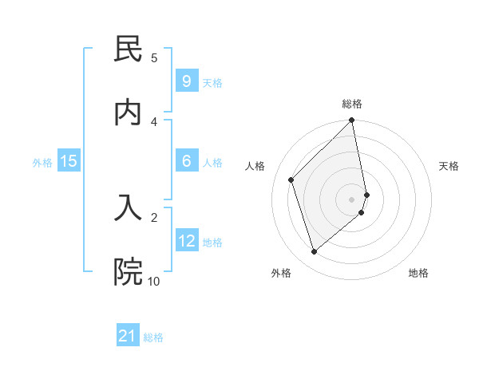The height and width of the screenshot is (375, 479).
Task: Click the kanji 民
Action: click(x=128, y=50)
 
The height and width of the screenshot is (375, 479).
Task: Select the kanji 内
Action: click(x=128, y=112)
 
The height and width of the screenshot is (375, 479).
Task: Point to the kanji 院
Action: click(x=128, y=272)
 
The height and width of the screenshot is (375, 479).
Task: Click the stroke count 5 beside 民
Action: click(x=154, y=57)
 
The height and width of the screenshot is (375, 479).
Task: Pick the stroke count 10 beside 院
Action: click(x=153, y=281)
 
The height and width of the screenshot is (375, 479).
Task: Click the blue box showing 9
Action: click(x=186, y=81)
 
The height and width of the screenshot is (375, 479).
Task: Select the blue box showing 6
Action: click(x=186, y=161)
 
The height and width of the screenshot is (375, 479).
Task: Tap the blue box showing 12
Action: click(x=186, y=241)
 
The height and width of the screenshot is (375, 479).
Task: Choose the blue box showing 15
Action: click(x=69, y=161)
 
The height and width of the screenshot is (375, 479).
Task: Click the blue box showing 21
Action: click(x=128, y=336)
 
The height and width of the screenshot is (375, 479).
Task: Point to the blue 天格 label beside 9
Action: click(x=212, y=83)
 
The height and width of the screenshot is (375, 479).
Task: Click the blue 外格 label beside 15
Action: click(x=42, y=163)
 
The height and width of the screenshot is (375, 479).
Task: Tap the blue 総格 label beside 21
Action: click(x=153, y=337)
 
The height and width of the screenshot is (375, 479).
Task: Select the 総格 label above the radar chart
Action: click(x=352, y=104)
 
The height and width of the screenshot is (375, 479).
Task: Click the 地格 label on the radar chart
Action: click(x=418, y=273)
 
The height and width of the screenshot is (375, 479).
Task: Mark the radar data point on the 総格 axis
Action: click(x=352, y=121)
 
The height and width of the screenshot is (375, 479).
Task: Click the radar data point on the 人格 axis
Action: click(x=291, y=180)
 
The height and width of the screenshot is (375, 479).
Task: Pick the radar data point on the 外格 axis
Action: click(x=315, y=251)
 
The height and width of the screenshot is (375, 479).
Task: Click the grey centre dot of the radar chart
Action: click(x=352, y=199)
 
